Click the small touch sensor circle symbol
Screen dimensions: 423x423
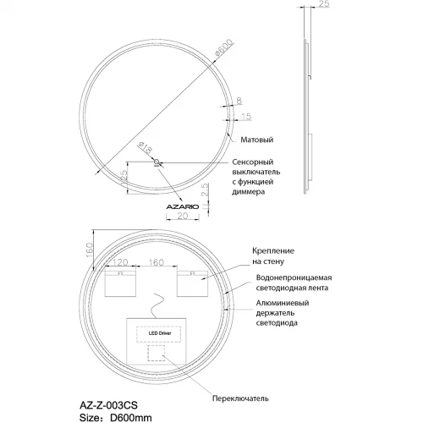(157, 163)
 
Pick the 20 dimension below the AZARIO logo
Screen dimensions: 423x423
(181, 217)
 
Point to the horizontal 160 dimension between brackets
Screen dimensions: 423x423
(157, 263)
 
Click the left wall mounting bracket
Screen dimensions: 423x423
(119, 286)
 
